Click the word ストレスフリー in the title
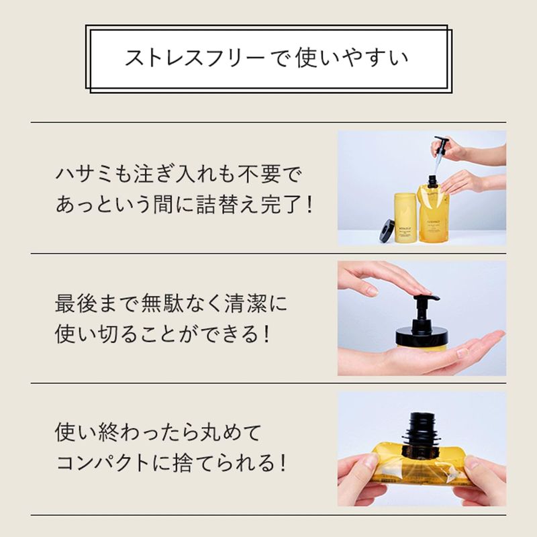click(195, 57)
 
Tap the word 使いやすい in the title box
click(352, 57)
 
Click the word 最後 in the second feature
click(76, 303)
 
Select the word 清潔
click(246, 303)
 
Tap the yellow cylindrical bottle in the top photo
click(405, 217)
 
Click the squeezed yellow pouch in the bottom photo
click(422, 462)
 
